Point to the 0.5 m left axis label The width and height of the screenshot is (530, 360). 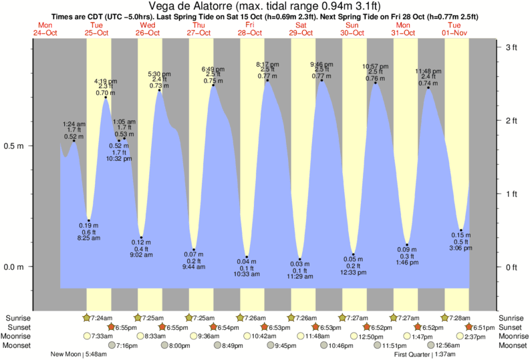click(16, 146)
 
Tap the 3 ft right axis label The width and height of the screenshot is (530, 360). click(513, 47)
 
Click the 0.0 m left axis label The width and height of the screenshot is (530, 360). click(16, 267)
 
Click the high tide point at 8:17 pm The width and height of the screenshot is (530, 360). click(267, 80)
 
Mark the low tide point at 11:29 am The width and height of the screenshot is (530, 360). click(299, 259)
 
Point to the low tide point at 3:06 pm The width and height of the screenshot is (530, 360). click(461, 230)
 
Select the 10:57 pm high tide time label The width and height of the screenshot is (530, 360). click(375, 67)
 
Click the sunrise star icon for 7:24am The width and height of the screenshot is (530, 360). click(86, 317)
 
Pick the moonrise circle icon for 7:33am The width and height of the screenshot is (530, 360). click(86, 336)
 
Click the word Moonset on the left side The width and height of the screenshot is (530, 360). click(17, 345)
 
